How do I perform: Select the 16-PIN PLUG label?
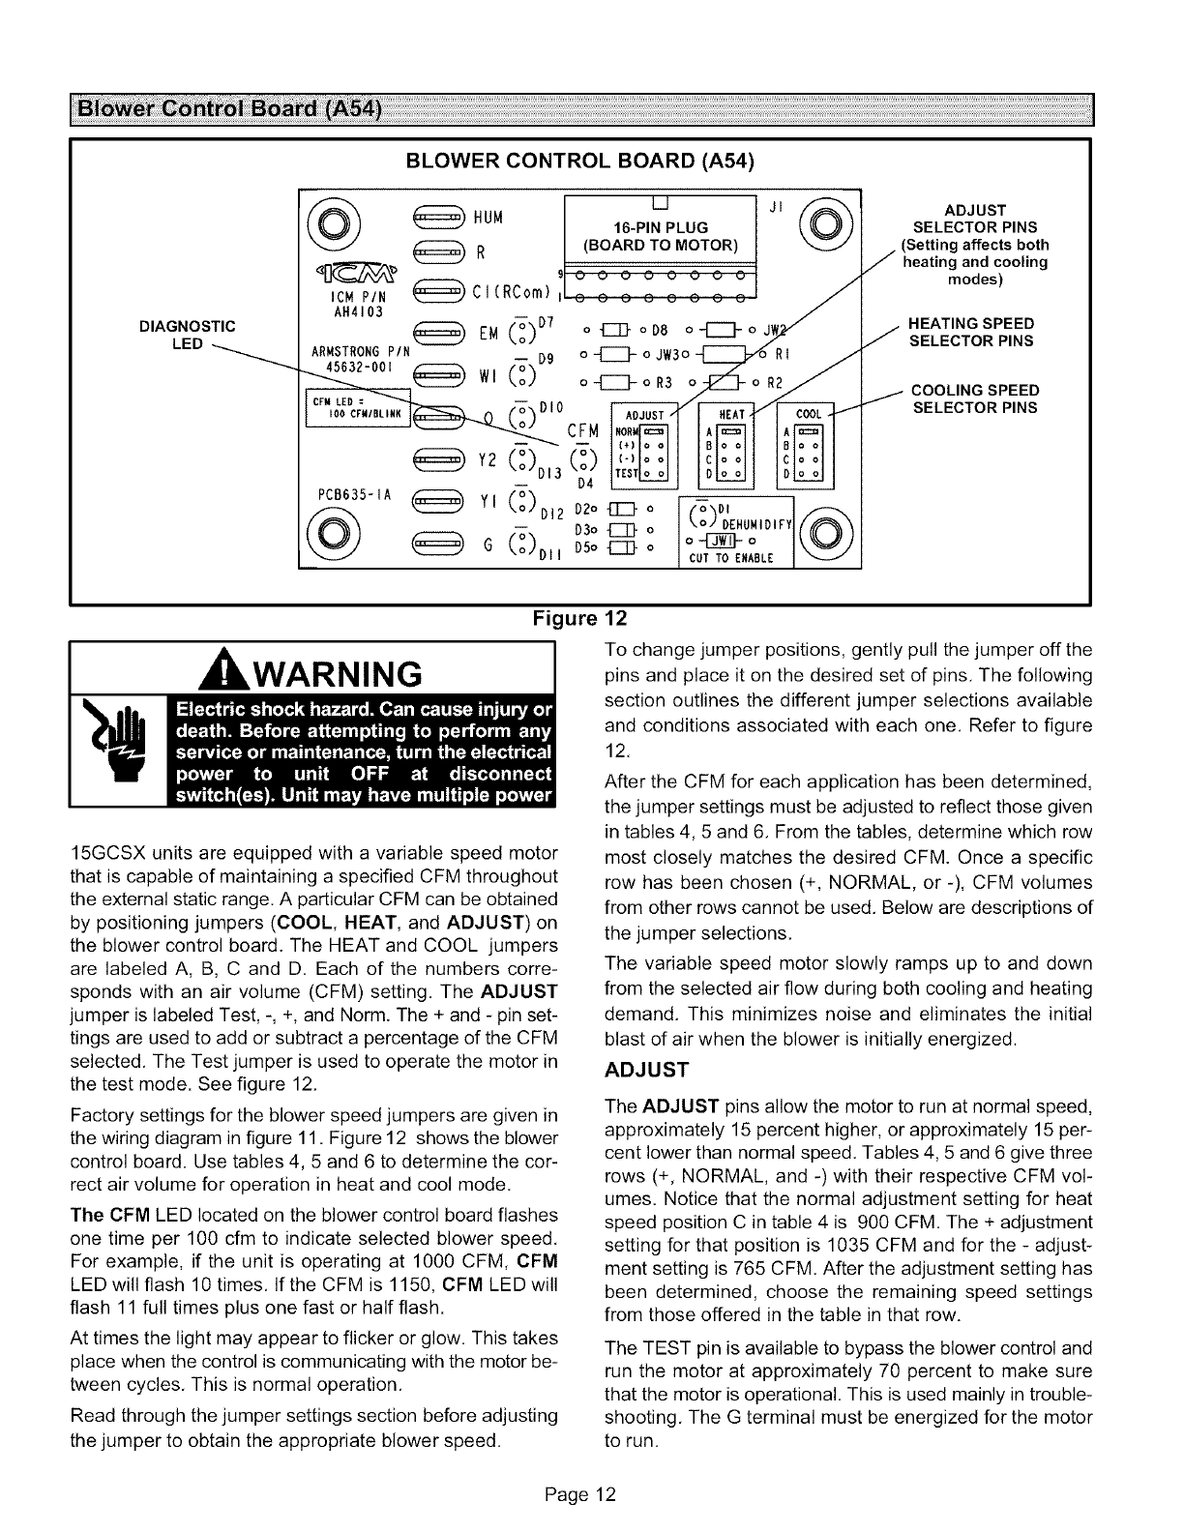657,227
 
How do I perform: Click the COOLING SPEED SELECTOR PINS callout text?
975,398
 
